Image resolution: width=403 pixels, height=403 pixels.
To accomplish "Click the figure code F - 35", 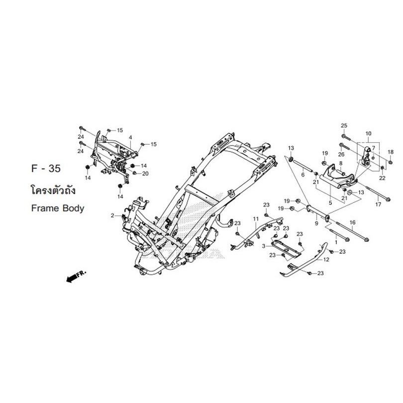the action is (x=46, y=168).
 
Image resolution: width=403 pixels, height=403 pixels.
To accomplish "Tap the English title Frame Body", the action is (x=58, y=208).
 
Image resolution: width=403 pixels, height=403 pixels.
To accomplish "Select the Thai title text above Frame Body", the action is (x=53, y=190).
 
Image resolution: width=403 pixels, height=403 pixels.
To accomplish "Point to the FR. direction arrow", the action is (x=76, y=277).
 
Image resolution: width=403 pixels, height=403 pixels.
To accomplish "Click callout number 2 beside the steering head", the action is (x=112, y=215).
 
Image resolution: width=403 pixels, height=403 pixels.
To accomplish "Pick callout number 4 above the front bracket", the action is (x=130, y=138).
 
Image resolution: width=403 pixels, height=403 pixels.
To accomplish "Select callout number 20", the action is (x=145, y=174).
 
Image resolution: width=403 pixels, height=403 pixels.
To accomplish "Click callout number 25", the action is (x=344, y=126).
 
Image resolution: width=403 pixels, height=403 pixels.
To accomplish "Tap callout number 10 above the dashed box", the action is (x=368, y=134).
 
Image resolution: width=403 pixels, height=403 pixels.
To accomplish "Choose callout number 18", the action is (x=391, y=152).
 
